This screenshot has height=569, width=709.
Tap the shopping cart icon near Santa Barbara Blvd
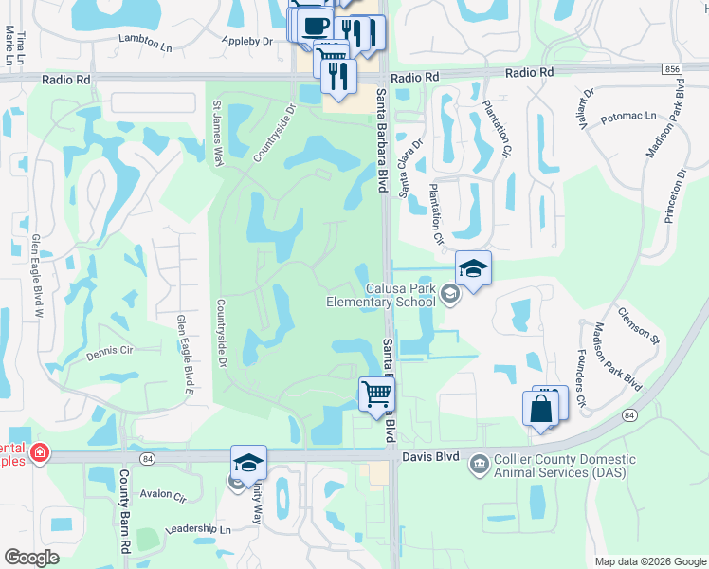[x=377, y=393]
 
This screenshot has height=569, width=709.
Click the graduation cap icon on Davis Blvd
[x=248, y=462]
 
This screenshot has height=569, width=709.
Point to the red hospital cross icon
[x=38, y=452]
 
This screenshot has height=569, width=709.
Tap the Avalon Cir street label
[x=162, y=494]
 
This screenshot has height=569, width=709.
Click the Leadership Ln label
[x=198, y=529]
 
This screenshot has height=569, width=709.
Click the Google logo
[x=31, y=558]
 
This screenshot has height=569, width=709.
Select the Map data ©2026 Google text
[x=649, y=561]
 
